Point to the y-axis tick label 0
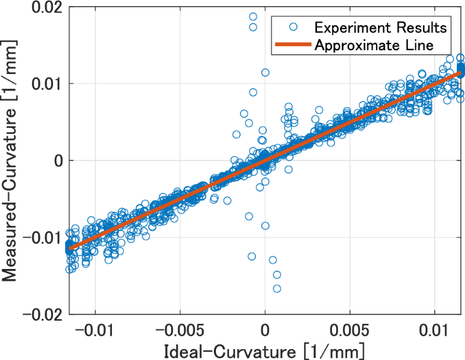(x=57, y=160)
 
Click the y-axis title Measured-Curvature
(x=12, y=161)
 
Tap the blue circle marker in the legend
(x=293, y=27)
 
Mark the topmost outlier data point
(x=253, y=16)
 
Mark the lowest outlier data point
(x=277, y=289)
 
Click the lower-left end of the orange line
(x=69, y=249)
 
